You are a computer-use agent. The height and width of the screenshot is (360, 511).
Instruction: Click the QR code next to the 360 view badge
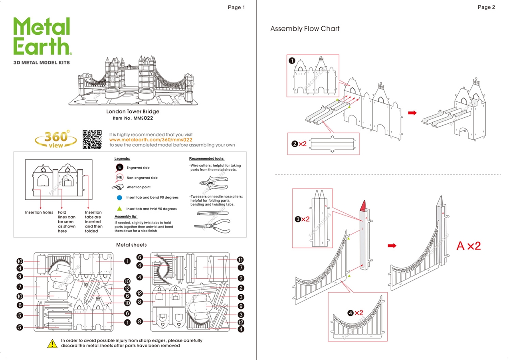click(x=92, y=139)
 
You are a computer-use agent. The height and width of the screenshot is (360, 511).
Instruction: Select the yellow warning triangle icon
click(x=52, y=343)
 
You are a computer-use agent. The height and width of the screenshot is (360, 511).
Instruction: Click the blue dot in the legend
click(x=119, y=198)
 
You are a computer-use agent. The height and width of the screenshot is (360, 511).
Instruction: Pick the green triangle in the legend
click(x=119, y=209)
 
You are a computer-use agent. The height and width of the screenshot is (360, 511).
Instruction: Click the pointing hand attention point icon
click(x=118, y=187)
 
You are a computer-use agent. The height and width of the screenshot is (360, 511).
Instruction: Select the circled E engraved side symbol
click(x=119, y=168)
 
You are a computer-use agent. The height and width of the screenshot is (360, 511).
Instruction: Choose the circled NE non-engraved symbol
click(x=119, y=178)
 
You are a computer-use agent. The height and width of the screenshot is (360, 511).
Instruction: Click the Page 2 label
click(x=486, y=7)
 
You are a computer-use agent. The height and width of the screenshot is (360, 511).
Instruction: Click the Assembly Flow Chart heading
click(x=305, y=29)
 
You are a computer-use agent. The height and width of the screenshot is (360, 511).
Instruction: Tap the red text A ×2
click(x=469, y=246)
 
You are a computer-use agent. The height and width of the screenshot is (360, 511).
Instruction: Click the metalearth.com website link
click(x=151, y=140)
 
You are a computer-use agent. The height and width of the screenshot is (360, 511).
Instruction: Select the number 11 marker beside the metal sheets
click(x=240, y=259)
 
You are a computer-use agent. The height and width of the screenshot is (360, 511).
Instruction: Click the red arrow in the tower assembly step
click(x=412, y=113)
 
